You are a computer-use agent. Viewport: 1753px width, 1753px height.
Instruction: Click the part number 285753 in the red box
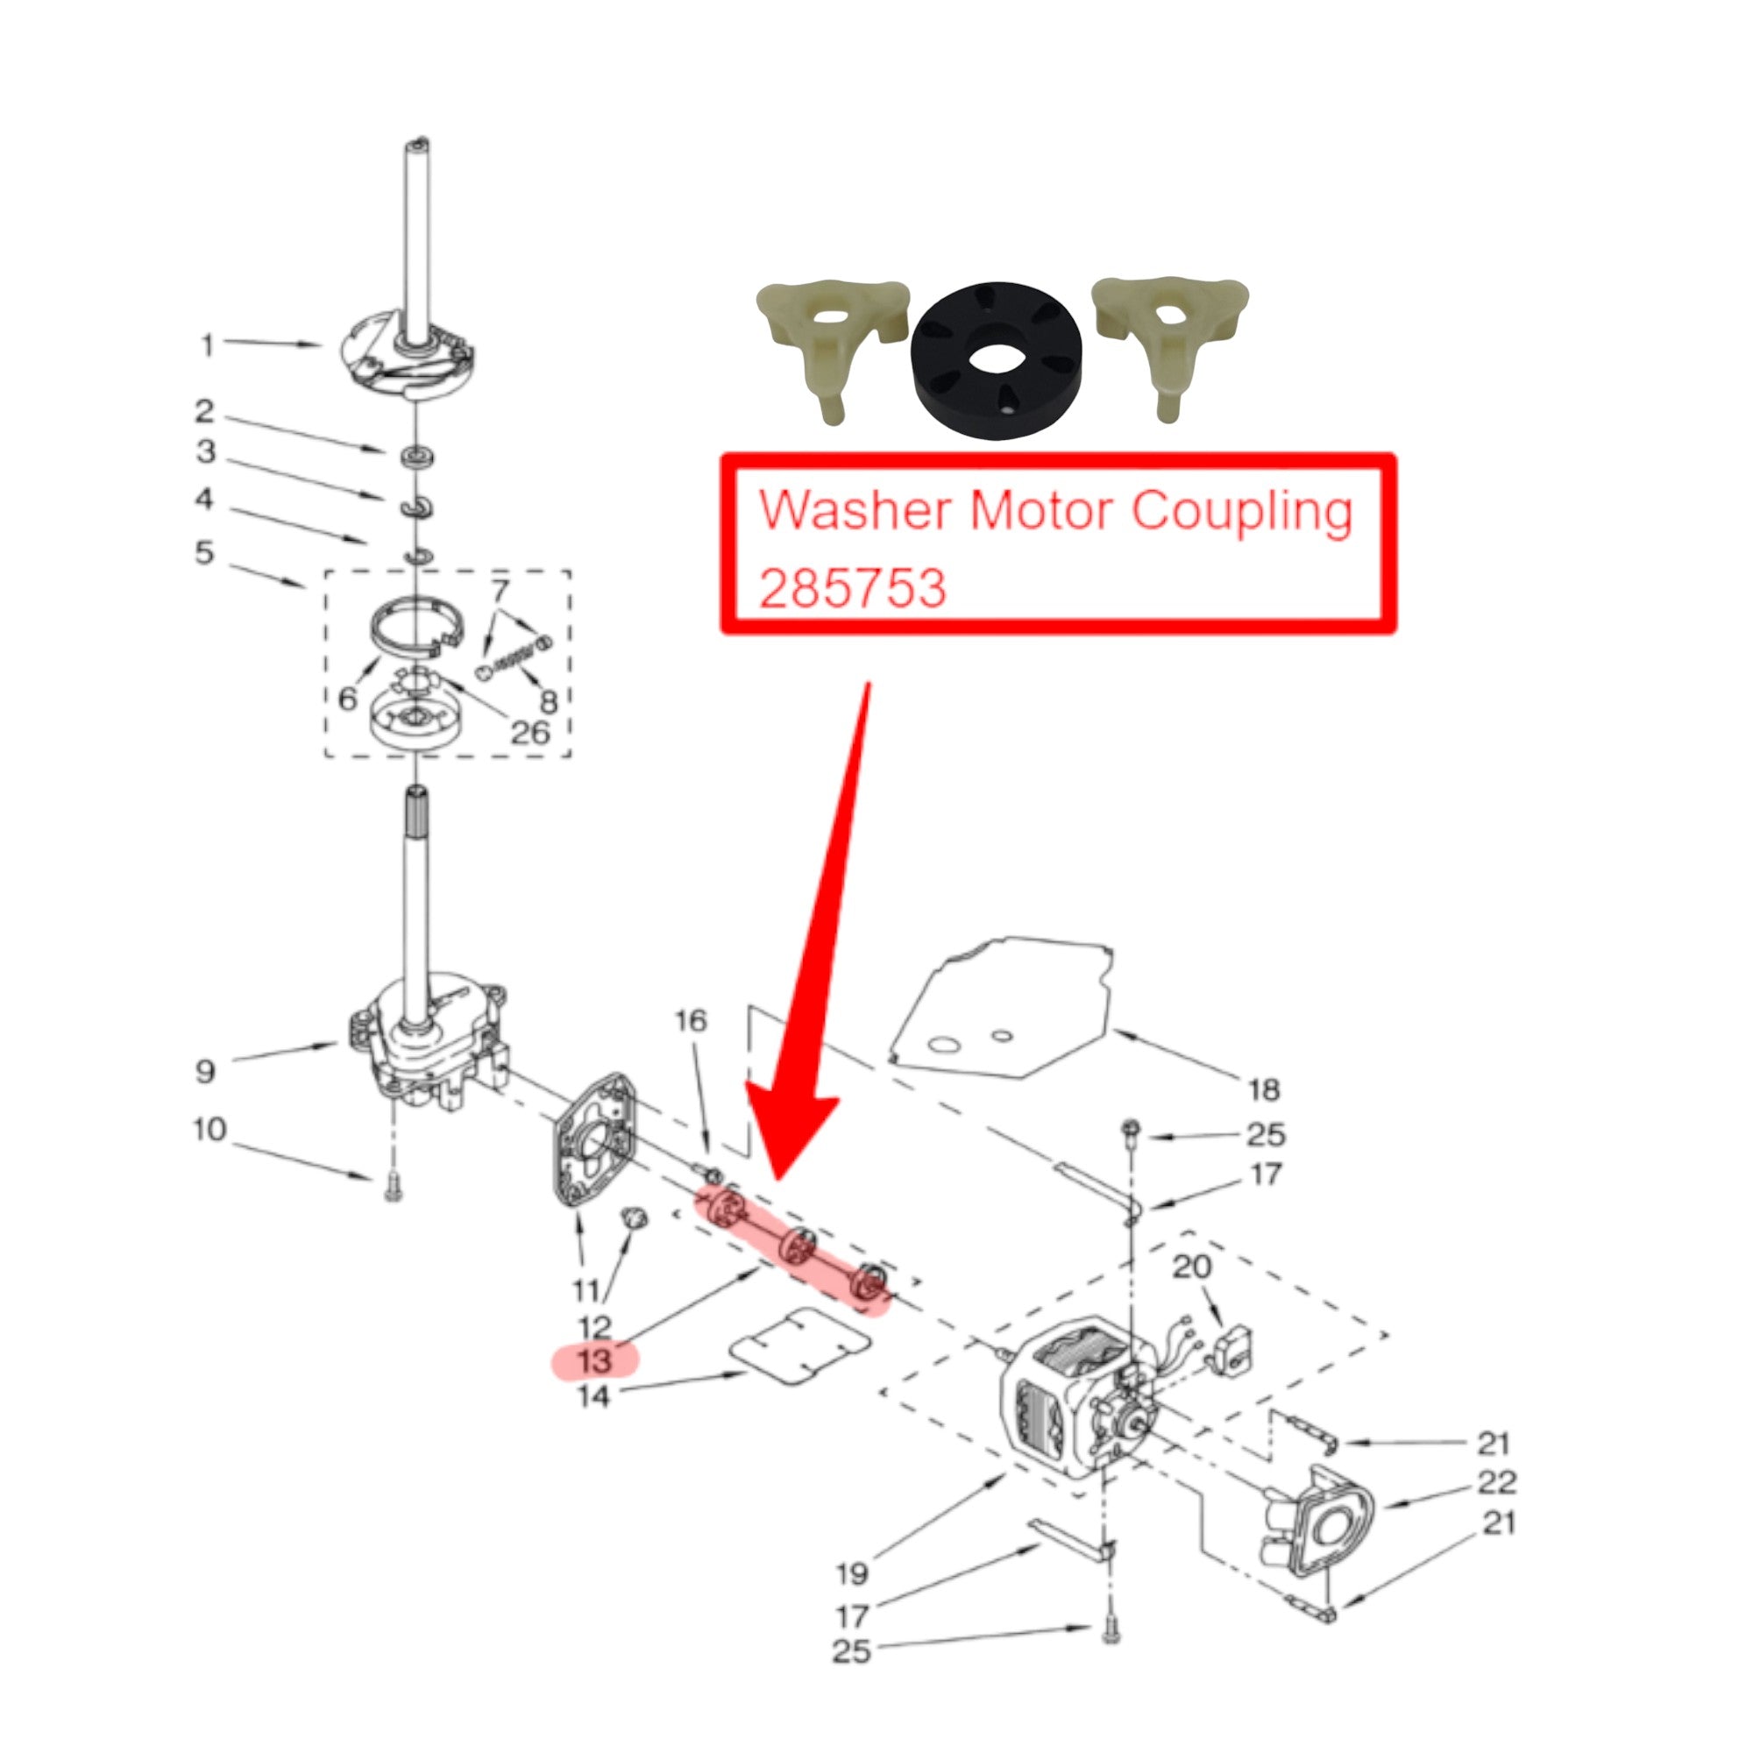coord(852,588)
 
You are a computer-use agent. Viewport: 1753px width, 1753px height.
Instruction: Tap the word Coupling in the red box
coord(1241,512)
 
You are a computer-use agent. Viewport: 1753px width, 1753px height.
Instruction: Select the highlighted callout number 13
coord(594,1361)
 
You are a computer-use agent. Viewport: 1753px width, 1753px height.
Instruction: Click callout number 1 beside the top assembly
coord(208,344)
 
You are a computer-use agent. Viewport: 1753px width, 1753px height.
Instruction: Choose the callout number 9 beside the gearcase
coord(205,1072)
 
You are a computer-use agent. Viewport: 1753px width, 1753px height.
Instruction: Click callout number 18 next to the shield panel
coord(1264,1089)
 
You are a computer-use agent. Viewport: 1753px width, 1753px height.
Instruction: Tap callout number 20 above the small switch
coord(1191,1267)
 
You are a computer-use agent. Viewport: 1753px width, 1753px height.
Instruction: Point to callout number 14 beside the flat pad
coord(593,1396)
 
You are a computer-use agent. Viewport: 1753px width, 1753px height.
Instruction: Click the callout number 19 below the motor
coord(852,1572)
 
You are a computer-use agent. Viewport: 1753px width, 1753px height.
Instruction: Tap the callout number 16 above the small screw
coord(691,1021)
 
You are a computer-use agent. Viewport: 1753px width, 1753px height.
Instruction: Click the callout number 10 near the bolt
coord(209,1130)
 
